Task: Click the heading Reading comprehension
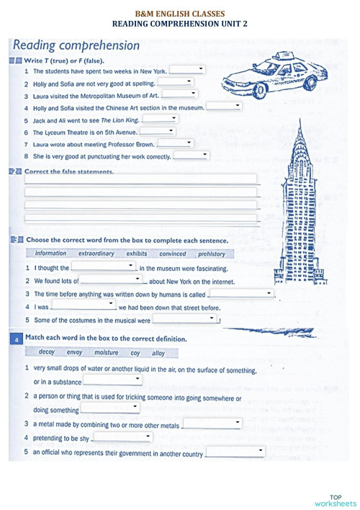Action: pos(76,45)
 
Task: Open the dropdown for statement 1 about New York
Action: pos(187,70)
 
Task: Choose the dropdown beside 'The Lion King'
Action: pos(160,119)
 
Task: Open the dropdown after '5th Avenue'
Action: pos(158,131)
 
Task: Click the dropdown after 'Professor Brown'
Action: pos(174,143)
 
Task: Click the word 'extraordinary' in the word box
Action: pos(96,254)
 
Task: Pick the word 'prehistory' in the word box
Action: pos(212,254)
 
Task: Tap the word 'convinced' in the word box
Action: pos(173,254)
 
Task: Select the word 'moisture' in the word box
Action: pos(106,353)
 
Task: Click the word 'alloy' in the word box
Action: pos(158,353)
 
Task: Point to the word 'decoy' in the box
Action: pos(47,353)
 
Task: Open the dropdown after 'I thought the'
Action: pos(104,267)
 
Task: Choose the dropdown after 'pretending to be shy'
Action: pos(122,437)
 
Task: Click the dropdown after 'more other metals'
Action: pos(212,423)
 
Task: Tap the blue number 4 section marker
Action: pos(16,338)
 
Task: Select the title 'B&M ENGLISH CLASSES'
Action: pos(180,14)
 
